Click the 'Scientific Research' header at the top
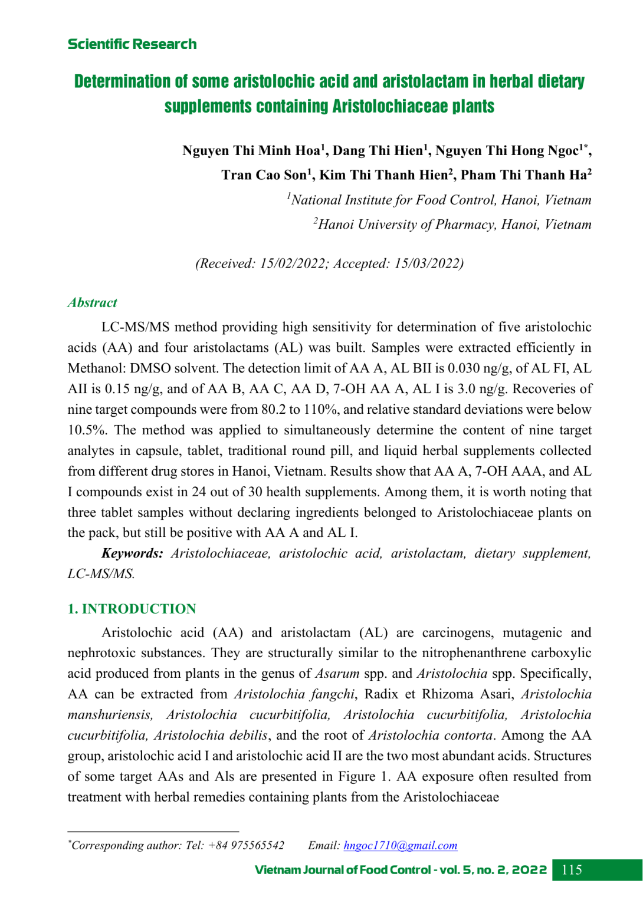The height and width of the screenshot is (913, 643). [132, 44]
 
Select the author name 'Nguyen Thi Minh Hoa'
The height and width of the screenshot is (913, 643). [251, 151]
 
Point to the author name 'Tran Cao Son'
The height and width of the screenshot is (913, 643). [264, 175]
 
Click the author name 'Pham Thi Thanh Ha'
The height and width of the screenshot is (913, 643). [523, 175]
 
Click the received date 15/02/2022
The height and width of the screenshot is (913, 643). [293, 263]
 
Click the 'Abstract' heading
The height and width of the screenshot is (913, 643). [93, 303]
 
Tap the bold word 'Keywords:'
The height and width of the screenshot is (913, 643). [132, 553]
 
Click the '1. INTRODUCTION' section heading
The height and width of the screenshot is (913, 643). [132, 609]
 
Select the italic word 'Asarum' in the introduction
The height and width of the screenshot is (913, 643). [337, 674]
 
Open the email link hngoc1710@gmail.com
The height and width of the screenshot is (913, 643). [400, 846]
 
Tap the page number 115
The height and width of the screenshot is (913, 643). [572, 870]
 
